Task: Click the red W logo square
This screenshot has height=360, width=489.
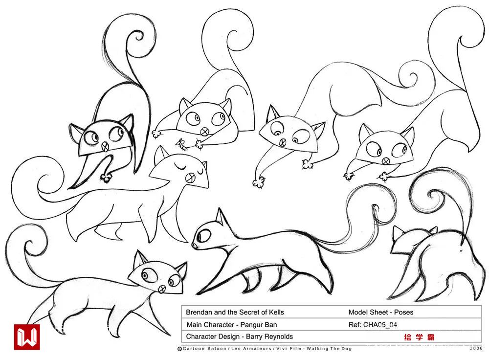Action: coord(27,337)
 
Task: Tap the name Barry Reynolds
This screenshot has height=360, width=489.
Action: coord(269,337)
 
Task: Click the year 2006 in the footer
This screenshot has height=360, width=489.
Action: coord(476,348)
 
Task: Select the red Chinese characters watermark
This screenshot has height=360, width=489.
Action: coord(419,337)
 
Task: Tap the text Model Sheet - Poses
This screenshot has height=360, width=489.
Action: coord(381,312)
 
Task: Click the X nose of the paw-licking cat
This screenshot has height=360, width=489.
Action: coord(106,146)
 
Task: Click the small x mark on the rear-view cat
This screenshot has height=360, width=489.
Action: coord(461,250)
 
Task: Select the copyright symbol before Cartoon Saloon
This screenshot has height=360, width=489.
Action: coord(179,349)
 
